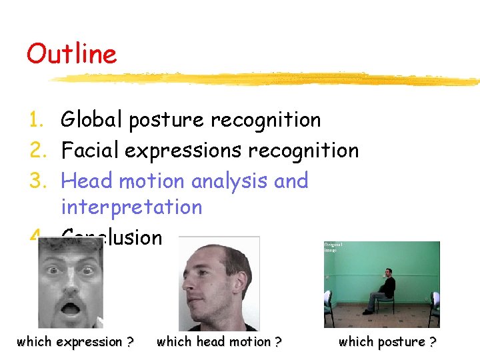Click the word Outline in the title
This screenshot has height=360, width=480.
coord(71,54)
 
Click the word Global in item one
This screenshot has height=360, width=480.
coord(92,120)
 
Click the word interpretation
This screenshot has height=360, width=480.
coord(131,207)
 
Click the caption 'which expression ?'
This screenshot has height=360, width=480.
coord(75,342)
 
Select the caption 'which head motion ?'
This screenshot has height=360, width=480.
coord(219,342)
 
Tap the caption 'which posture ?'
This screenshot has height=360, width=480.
coord(387,342)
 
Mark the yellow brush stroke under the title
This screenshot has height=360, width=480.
coord(267,79)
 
